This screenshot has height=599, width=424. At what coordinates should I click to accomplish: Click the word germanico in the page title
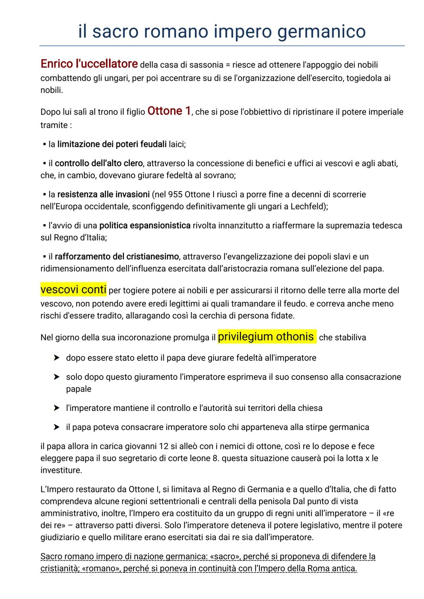coord(322,31)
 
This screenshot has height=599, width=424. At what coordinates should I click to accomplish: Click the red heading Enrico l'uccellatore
coord(89,64)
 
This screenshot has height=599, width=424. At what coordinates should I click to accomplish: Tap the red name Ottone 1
coord(169,111)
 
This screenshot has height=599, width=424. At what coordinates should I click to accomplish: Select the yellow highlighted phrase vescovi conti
coord(73,290)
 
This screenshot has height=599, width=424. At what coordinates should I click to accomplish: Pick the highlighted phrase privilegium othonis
coord(266,336)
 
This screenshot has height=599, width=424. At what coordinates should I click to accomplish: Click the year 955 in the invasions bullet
coord(175,194)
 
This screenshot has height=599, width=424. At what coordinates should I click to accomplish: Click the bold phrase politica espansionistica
coord(145,226)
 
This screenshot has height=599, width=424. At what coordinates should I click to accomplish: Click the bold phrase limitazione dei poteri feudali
coord(112,144)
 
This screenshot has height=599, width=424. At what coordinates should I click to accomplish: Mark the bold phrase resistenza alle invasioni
coord(103,194)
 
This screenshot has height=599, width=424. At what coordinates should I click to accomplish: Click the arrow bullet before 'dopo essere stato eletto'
coord(57,358)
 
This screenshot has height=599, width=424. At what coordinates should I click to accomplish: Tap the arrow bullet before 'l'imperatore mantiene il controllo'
coord(57,408)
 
